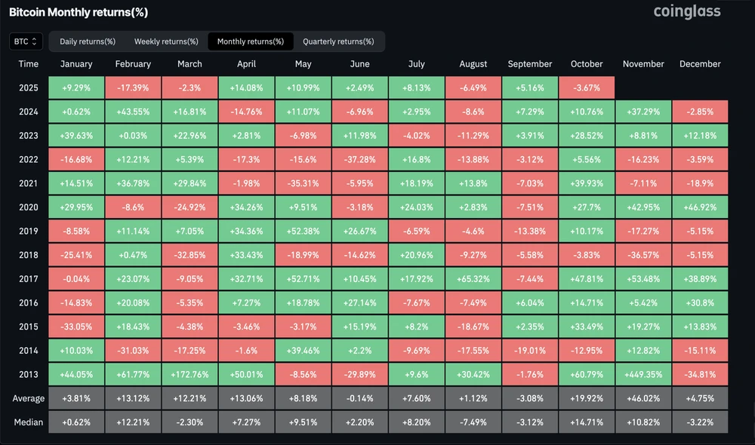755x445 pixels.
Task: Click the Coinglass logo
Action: pos(686,11)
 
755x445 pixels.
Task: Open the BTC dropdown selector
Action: pos(26,41)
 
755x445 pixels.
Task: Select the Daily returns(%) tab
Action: pos(88,41)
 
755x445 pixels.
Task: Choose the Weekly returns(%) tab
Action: pos(166,41)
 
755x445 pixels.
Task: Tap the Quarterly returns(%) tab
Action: pos(338,41)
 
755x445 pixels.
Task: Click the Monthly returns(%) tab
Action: pos(251,41)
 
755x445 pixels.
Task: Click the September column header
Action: pos(530,64)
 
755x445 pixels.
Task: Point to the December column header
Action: pos(700,64)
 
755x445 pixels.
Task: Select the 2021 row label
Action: pos(29,183)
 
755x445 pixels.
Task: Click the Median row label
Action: pos(29,422)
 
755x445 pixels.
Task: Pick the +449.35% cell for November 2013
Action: pos(643,374)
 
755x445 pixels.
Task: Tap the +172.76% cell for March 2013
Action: pos(190,374)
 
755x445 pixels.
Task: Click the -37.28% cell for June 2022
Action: pos(359,159)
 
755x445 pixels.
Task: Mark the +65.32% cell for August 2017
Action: pos(473,278)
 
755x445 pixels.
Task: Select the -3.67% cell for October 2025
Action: pos(587,87)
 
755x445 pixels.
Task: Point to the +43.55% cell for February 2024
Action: pos(133,112)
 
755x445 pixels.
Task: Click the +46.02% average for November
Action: pos(643,398)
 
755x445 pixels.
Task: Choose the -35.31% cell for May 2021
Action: pos(303,183)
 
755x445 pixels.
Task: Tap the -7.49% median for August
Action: pos(473,422)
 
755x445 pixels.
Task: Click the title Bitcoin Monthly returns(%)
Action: pos(79,12)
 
